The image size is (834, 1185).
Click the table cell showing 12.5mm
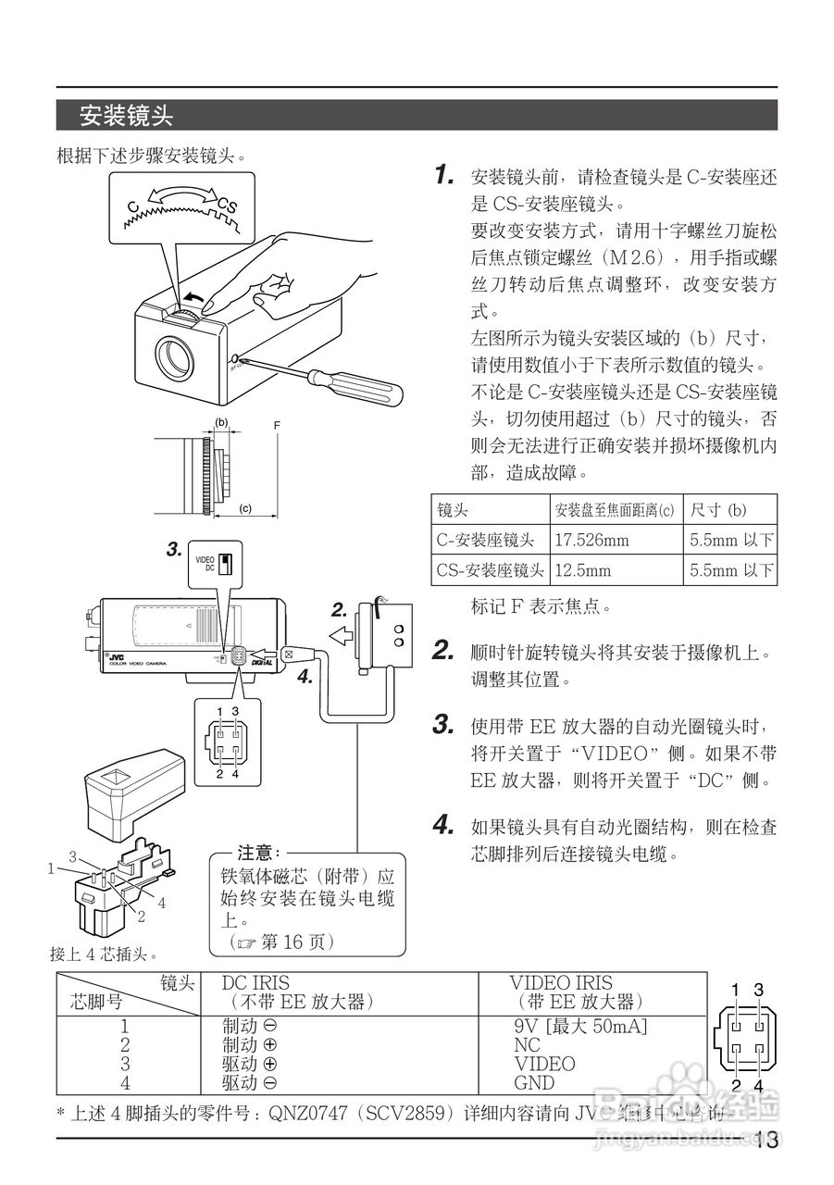tap(582, 570)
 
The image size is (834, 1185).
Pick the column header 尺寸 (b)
tap(718, 510)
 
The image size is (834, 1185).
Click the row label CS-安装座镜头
tap(490, 570)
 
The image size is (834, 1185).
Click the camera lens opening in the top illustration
tap(174, 358)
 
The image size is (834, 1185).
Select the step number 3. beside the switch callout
tap(174, 550)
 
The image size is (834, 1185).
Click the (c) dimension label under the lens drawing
tap(245, 508)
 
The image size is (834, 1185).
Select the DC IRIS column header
tap(255, 983)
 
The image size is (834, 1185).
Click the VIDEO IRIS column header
tap(560, 983)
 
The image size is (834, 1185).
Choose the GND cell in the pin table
tap(534, 1083)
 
